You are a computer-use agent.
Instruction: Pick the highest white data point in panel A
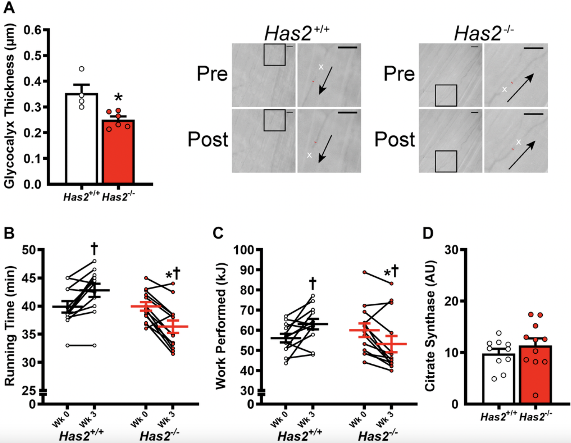point(82,69)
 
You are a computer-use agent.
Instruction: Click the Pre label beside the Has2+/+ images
point(212,74)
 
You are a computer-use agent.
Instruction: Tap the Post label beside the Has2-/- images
point(394,139)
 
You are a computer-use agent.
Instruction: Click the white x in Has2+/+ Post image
point(309,155)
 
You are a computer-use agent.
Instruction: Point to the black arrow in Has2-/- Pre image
point(520,88)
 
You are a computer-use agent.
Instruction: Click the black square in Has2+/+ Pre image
point(274,54)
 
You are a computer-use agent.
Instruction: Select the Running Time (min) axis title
point(10,326)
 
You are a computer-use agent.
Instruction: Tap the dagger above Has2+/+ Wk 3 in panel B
point(94,249)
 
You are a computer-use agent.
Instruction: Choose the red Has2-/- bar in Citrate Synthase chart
point(535,374)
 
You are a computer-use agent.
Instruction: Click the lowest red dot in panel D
point(535,395)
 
